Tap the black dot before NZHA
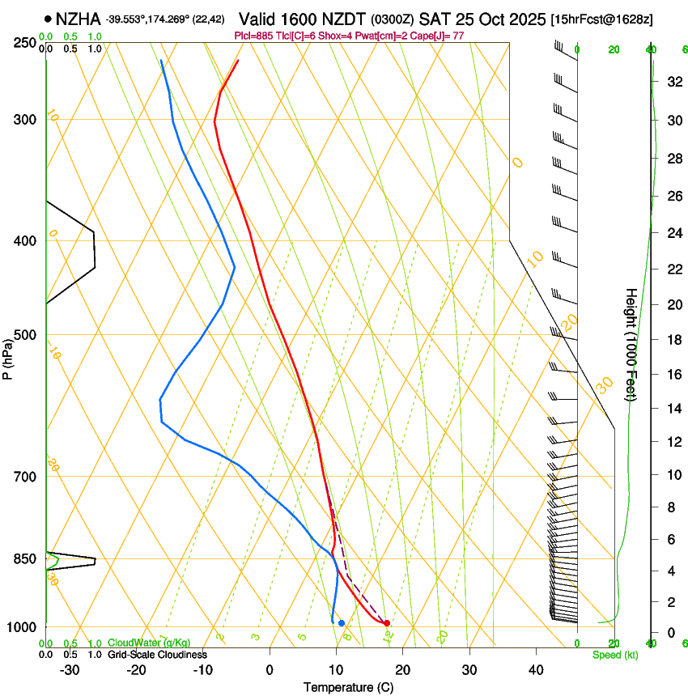coord(49,18)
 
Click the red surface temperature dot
coord(387,623)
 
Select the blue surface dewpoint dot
coord(342,623)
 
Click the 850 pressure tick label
coord(24,559)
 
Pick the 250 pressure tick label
coord(24,42)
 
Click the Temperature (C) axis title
coord(348,687)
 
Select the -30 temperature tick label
coord(70,670)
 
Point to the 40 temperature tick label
coord(535,670)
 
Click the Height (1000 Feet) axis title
coord(631,344)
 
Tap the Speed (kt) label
coord(614,655)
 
